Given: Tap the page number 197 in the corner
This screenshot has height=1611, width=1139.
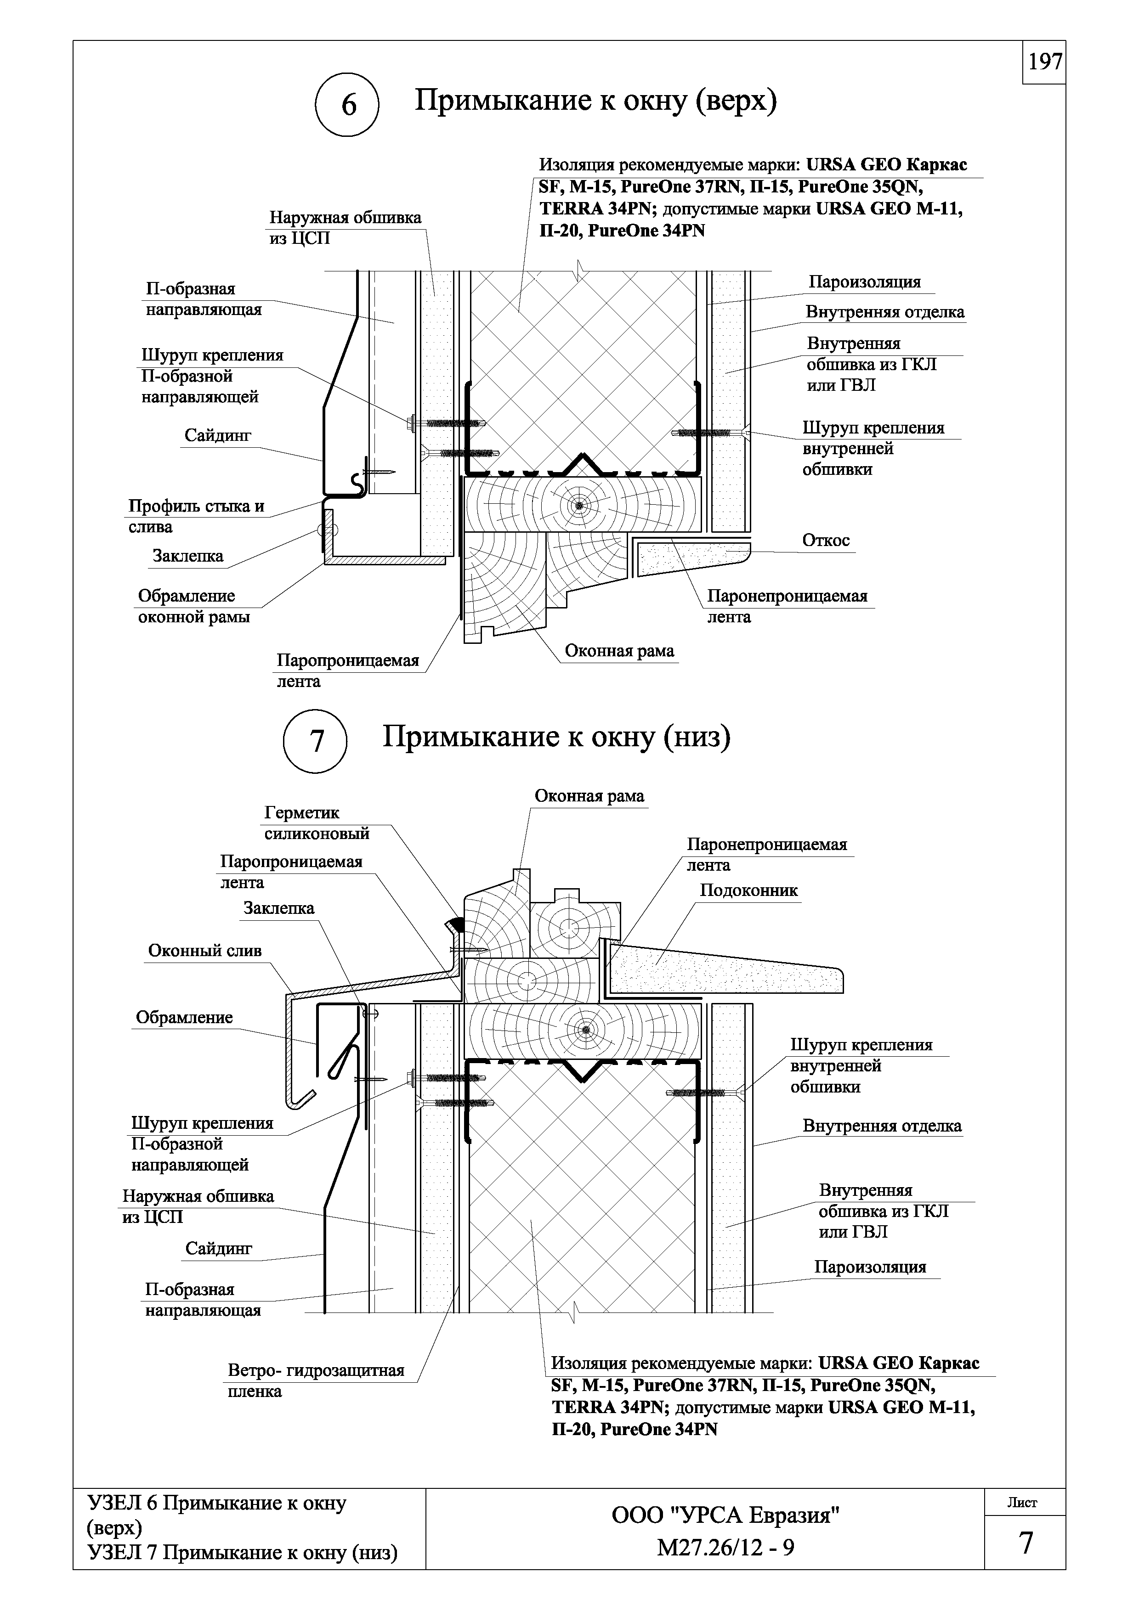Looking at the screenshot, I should [x=1044, y=62].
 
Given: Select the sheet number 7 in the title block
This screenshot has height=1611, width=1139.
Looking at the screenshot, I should [x=1026, y=1543].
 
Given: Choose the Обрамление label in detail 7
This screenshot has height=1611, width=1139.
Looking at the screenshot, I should [x=184, y=1017].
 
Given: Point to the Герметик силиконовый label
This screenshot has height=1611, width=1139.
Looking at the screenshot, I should [x=317, y=823].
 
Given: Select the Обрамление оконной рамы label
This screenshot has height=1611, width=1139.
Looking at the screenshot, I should [x=194, y=606].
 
